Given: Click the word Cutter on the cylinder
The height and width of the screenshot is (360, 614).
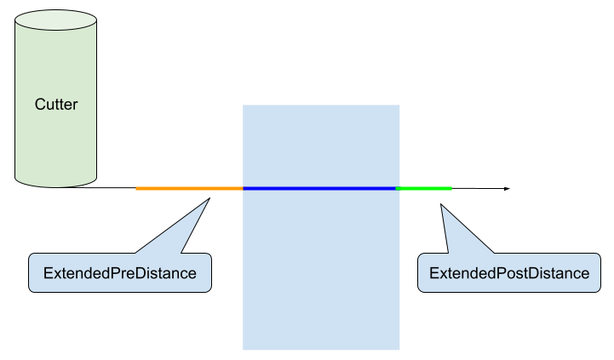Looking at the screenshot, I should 56,105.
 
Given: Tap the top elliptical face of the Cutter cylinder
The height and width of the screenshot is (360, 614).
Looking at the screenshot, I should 56,21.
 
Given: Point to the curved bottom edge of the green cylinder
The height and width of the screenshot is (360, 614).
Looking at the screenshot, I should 56,185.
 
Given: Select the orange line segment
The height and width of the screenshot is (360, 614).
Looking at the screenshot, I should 189,188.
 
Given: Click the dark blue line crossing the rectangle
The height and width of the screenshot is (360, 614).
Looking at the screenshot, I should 320,188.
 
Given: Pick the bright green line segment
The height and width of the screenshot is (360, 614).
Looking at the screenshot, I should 424,188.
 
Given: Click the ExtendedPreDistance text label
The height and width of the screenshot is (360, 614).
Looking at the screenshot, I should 120,273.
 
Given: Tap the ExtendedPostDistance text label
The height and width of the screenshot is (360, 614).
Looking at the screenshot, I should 509,273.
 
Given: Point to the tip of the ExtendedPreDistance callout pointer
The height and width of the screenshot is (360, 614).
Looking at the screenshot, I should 209,201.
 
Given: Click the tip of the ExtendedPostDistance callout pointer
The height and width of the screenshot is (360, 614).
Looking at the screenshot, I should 440,204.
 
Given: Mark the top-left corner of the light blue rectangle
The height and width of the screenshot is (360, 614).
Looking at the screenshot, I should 244,106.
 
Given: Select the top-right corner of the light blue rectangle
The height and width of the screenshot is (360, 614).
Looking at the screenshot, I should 399,106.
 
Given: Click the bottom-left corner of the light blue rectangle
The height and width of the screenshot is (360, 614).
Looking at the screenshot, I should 244,349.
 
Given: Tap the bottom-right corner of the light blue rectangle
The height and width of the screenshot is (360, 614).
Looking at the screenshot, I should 399,349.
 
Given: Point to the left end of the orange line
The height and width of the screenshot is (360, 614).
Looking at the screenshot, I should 136,188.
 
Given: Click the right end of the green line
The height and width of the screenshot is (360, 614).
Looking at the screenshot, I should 451,188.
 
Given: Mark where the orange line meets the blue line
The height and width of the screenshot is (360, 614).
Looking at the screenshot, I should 244,188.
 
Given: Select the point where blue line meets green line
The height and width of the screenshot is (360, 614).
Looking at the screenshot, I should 398,188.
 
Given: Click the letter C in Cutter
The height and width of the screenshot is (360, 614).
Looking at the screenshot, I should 39,105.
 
